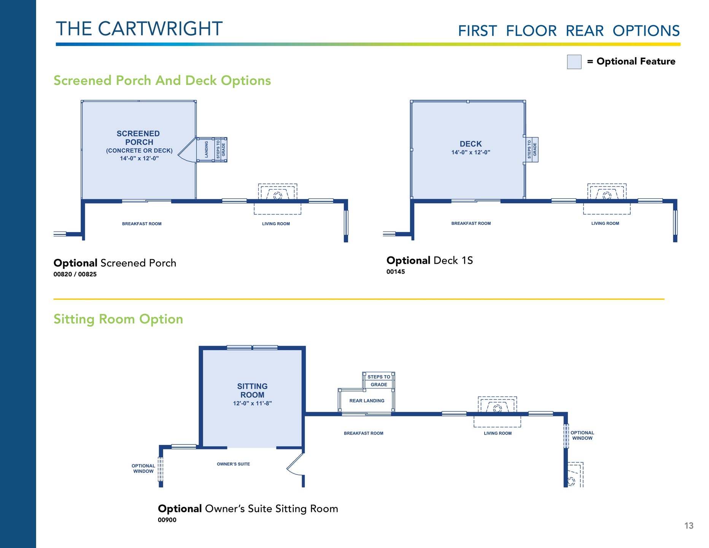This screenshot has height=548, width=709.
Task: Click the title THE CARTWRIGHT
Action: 139,29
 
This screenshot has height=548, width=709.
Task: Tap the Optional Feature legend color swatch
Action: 574,62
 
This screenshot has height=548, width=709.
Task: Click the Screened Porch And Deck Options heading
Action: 162,81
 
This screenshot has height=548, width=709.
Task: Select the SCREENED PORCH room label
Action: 138,138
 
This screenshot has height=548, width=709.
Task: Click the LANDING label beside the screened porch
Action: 207,150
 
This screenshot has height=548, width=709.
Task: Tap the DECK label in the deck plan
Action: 471,144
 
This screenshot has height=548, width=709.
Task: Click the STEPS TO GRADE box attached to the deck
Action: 532,150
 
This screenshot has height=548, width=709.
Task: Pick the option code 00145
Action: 396,272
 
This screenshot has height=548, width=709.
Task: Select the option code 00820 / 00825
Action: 75,274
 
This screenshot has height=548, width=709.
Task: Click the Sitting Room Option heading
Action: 118,319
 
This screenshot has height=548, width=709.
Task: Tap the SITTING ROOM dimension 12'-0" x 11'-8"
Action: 253,403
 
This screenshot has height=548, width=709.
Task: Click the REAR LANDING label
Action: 367,401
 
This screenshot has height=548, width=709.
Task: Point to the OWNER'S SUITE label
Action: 234,464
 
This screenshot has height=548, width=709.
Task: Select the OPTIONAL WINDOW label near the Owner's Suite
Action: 143,468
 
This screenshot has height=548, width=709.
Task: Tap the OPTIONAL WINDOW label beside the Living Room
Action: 582,435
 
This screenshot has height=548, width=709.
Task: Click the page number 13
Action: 689,526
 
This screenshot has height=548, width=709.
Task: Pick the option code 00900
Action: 167,520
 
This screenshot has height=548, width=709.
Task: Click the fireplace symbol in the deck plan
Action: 607,192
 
